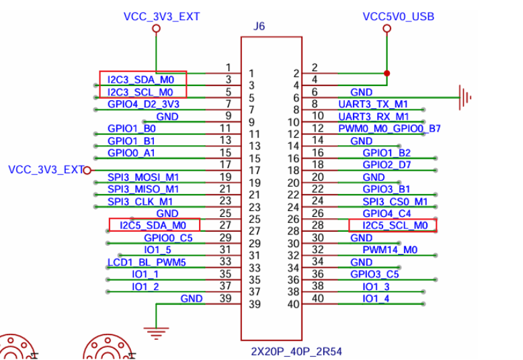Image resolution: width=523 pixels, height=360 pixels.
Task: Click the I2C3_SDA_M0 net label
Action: (x=141, y=79)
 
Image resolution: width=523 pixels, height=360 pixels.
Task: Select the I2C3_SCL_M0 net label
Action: (x=141, y=91)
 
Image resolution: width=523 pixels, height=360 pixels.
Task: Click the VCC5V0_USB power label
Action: (x=397, y=16)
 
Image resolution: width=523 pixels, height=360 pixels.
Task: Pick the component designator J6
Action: (x=259, y=27)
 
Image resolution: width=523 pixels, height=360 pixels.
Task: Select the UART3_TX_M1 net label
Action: (x=374, y=104)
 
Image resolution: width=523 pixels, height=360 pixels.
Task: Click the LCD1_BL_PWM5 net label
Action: (x=147, y=262)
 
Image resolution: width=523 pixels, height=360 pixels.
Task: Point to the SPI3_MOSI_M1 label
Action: (x=143, y=177)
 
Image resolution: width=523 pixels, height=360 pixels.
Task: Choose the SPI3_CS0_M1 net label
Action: (x=395, y=201)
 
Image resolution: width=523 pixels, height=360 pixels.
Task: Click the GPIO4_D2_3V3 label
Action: (x=143, y=104)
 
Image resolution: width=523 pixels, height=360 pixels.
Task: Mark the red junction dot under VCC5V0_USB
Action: (x=387, y=73)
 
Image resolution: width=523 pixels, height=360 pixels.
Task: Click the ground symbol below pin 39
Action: (x=156, y=330)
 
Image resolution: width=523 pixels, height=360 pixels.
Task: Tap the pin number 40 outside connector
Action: (x=318, y=298)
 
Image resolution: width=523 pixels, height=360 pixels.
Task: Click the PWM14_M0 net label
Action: (x=390, y=250)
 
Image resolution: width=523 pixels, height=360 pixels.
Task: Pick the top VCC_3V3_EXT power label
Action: (x=162, y=16)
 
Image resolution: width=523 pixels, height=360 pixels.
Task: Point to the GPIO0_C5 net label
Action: (x=168, y=238)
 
